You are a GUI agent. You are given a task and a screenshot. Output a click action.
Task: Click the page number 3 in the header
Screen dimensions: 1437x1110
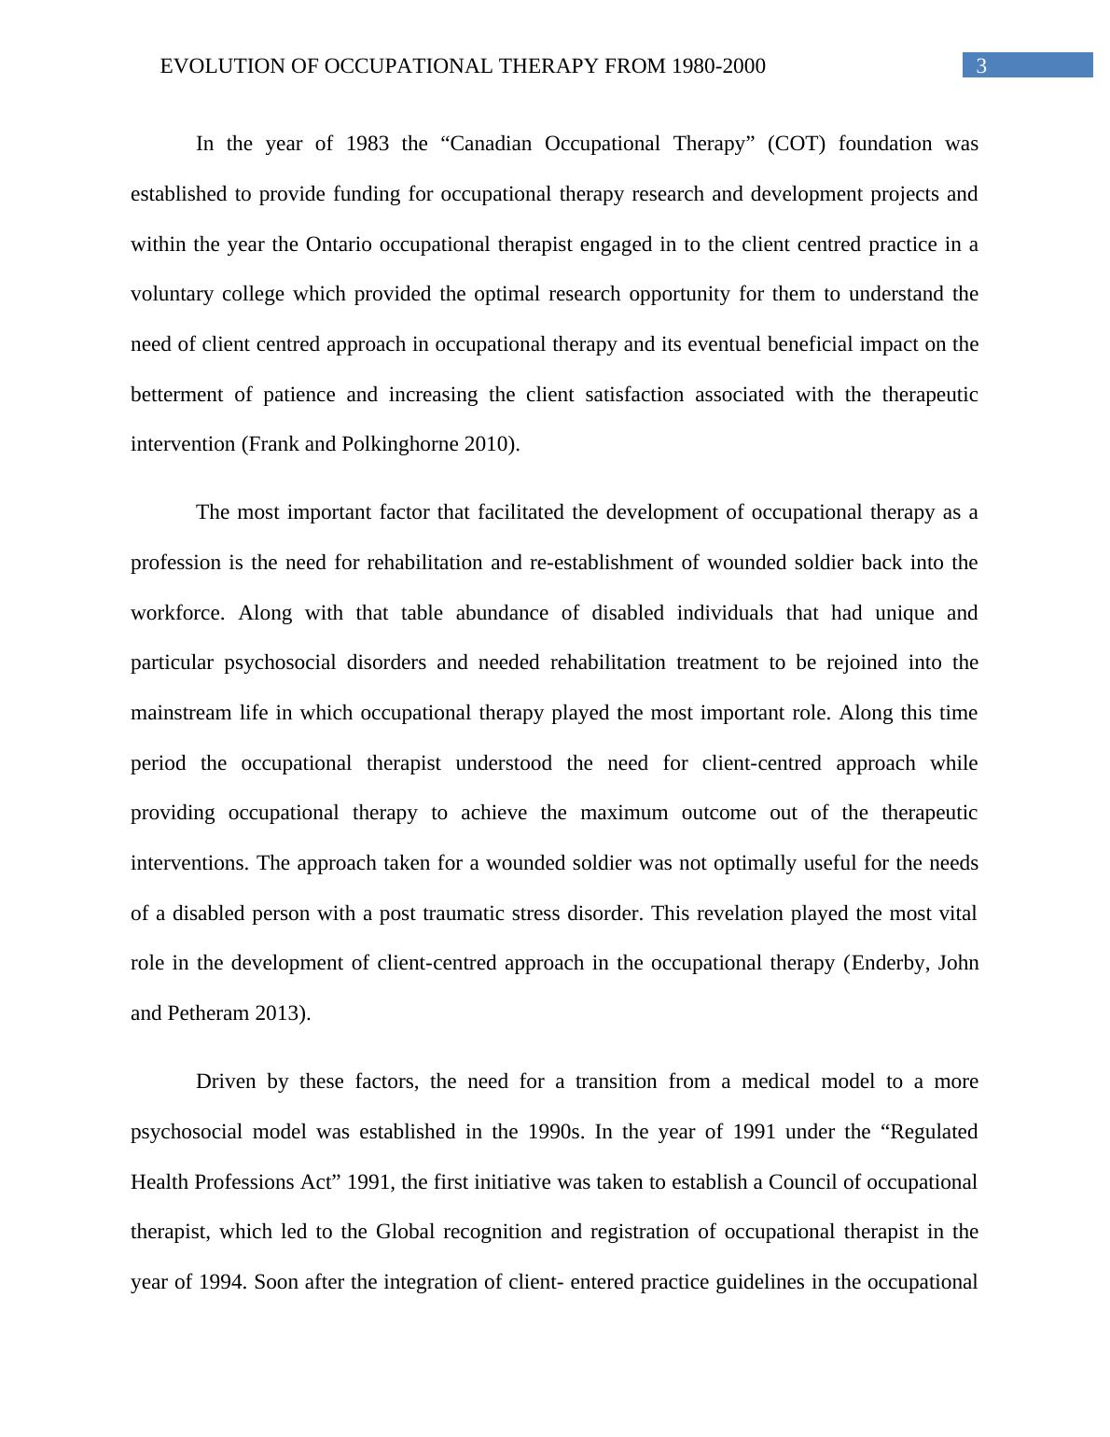tap(980, 66)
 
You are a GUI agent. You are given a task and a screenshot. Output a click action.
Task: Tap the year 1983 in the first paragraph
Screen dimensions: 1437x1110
tap(368, 144)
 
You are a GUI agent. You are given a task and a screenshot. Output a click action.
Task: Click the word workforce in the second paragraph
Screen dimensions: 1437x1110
tap(177, 613)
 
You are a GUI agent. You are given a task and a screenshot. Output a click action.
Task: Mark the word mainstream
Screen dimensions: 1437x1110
tap(180, 713)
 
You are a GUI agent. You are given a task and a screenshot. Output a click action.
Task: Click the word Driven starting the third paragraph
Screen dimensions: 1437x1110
tap(225, 1081)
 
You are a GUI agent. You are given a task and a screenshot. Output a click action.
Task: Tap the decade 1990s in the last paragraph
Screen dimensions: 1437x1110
tap(555, 1132)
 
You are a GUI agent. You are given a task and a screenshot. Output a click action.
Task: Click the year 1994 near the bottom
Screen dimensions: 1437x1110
tap(222, 1282)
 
